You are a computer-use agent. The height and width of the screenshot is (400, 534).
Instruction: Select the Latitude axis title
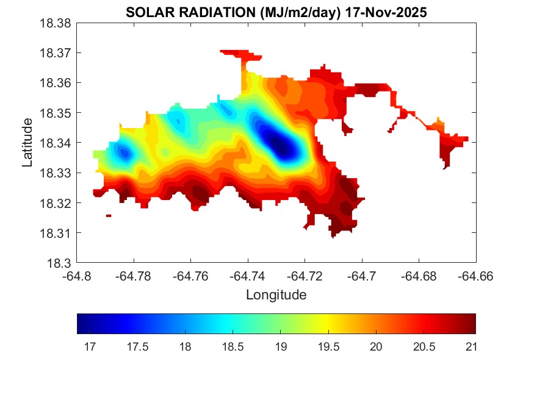click(27, 143)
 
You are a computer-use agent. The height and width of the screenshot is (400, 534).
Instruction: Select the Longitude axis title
click(276, 295)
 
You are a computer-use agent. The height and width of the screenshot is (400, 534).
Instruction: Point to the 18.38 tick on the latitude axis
click(57, 23)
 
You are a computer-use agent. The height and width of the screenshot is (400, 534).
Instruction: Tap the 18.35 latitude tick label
click(57, 113)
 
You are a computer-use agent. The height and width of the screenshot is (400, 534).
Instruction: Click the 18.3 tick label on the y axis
click(62, 263)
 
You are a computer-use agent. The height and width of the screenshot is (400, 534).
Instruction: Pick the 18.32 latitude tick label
click(57, 203)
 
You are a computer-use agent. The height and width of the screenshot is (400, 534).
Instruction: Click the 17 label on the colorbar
click(89, 346)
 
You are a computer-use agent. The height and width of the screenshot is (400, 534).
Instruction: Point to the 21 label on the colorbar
click(470, 346)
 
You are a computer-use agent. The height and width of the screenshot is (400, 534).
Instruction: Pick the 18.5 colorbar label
click(233, 346)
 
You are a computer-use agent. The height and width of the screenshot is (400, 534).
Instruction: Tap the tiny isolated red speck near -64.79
click(109, 215)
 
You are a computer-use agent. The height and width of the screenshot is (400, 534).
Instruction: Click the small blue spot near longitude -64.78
click(124, 152)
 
